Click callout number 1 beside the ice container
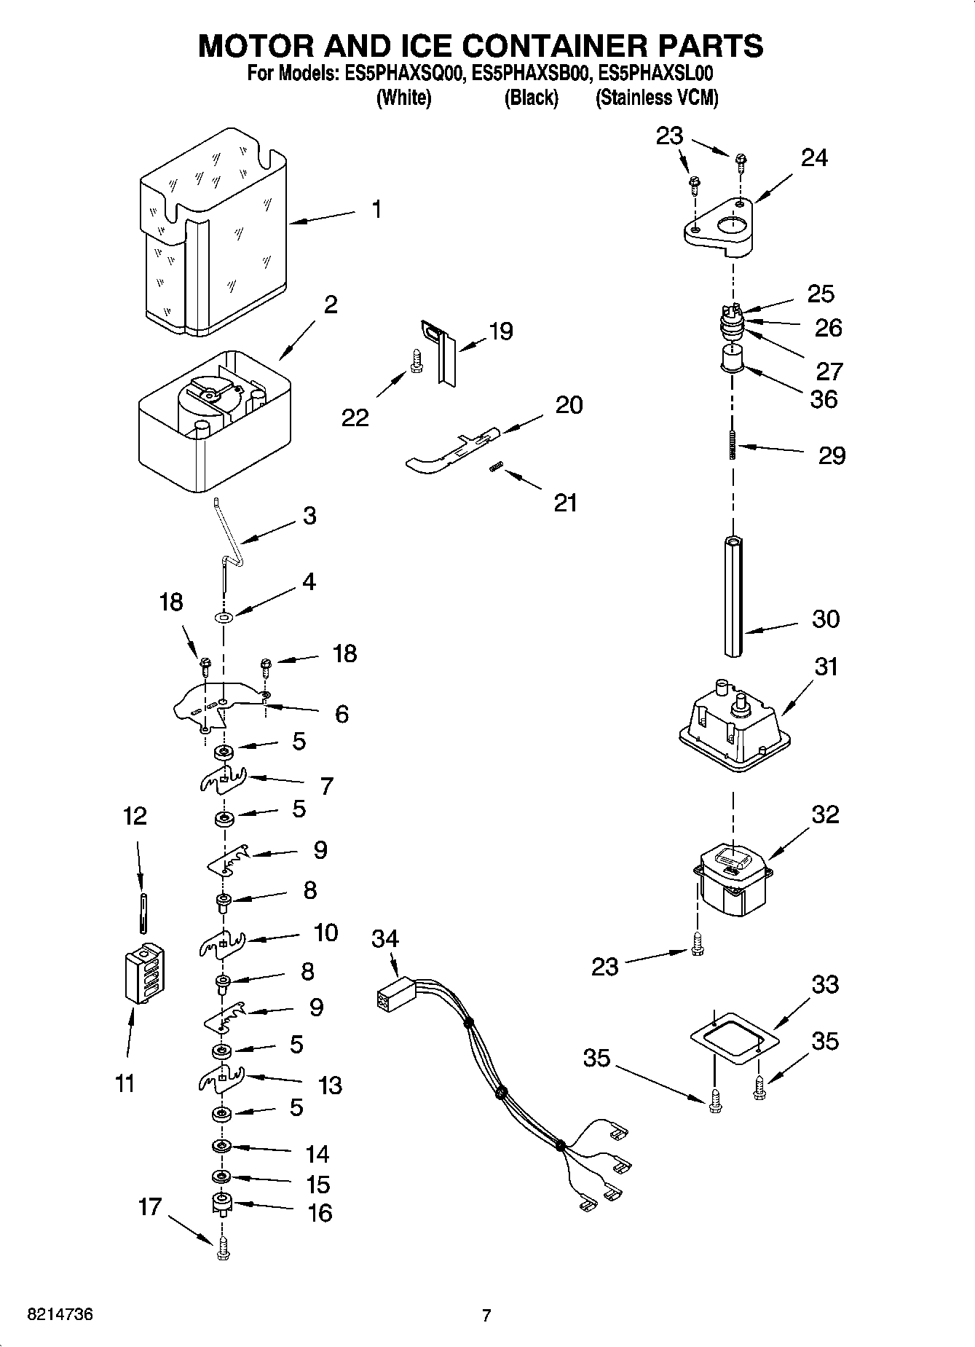[376, 210]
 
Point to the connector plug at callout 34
[393, 996]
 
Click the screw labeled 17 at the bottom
[222, 1251]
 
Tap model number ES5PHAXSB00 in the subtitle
[531, 74]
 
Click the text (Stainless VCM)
[657, 98]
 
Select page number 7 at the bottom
[486, 1315]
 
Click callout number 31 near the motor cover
[826, 667]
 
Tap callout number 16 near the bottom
[320, 1212]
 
